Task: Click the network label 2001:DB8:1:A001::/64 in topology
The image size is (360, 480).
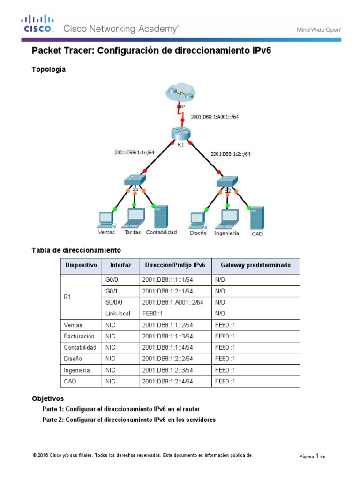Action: [x=215, y=117]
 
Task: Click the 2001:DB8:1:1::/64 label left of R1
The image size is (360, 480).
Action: [x=135, y=152]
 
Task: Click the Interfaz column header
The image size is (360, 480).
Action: [x=120, y=265]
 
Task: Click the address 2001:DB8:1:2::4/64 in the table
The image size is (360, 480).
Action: [x=168, y=381]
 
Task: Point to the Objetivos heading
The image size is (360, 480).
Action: [x=48, y=398]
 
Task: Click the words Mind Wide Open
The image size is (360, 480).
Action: [x=319, y=30]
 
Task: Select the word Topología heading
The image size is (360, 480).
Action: [x=48, y=69]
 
